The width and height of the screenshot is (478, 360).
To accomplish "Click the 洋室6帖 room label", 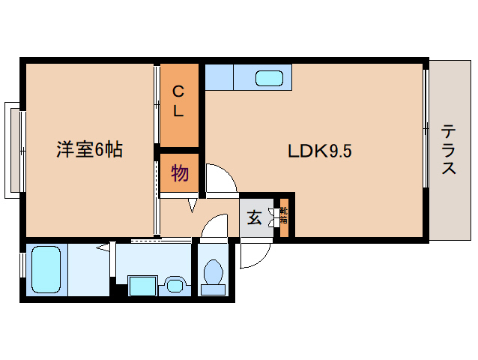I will click(89, 150).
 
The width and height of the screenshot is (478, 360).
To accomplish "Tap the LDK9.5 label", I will click(320, 151).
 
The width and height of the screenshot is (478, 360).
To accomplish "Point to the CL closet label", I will click(179, 102).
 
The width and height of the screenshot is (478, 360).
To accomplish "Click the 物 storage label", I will click(179, 174).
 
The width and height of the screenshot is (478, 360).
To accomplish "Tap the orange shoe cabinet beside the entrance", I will click(283, 217).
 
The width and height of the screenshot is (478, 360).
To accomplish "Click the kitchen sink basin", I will click(268, 78).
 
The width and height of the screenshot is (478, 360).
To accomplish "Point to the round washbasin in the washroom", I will click(175, 285).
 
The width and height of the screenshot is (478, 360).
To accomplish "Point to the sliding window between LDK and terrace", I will click(426, 127).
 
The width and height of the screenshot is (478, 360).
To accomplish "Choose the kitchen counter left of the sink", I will click(219, 77).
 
